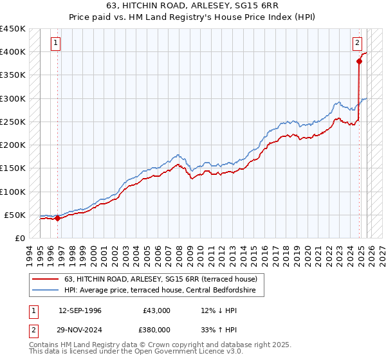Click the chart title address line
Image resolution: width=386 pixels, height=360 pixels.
192,6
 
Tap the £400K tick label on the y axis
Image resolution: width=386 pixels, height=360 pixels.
12,52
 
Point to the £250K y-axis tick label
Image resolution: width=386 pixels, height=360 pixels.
12,122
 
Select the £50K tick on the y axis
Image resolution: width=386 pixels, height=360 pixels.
15,215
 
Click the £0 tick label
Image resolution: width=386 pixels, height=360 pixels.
19,238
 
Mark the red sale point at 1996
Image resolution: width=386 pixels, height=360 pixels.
58,218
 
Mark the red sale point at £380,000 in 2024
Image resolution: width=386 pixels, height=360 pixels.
358,62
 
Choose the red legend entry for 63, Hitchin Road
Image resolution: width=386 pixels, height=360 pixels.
161,279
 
